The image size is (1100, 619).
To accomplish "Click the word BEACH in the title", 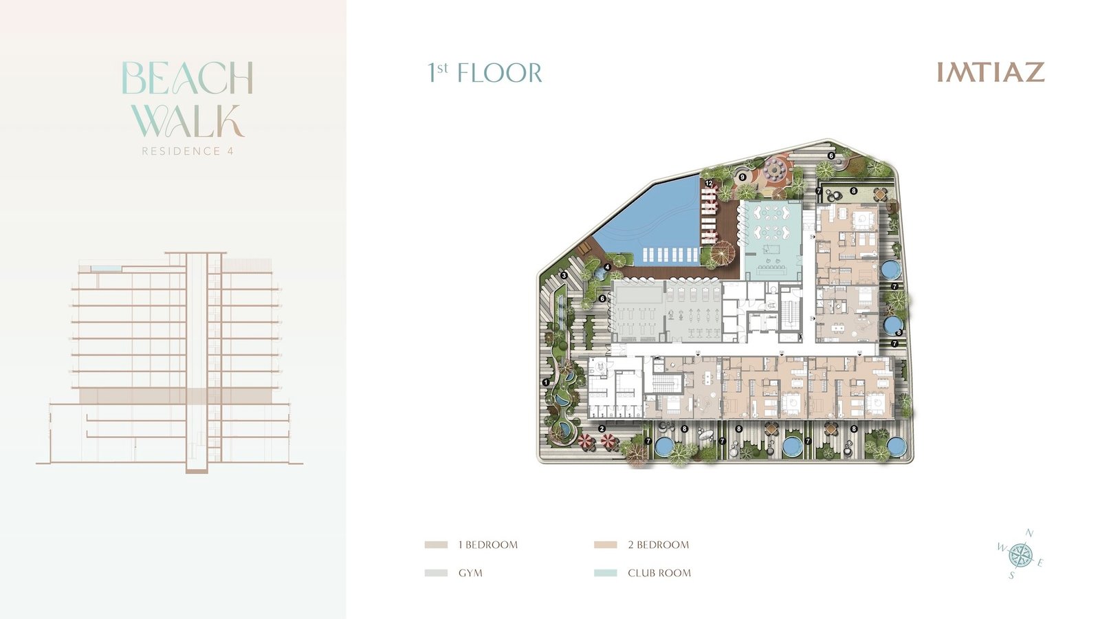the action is (x=187, y=78).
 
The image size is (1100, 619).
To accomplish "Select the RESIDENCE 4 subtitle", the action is (x=188, y=151).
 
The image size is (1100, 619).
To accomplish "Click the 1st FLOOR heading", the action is (x=485, y=72).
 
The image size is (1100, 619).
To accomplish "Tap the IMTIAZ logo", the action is (x=991, y=72).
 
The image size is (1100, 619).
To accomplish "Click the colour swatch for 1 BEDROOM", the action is (x=436, y=545).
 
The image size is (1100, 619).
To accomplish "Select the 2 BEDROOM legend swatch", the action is (x=606, y=545).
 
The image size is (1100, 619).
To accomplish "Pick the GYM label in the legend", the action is (x=470, y=573).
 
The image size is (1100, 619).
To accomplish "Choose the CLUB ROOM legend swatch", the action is (x=606, y=573).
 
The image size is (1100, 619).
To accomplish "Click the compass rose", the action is (x=1020, y=555).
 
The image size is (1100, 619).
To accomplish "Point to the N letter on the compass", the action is (x=1030, y=533).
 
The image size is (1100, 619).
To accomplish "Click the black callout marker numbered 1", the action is (x=546, y=382).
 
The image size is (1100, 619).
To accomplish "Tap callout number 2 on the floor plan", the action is (x=602, y=429).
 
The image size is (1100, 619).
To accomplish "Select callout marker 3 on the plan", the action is (x=564, y=276).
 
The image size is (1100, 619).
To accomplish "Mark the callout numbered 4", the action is (x=608, y=268).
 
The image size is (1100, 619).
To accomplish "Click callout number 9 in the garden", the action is (x=742, y=177).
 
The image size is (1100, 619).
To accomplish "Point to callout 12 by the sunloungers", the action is (x=709, y=183).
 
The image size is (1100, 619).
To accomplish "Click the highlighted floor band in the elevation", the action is (x=176, y=396).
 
